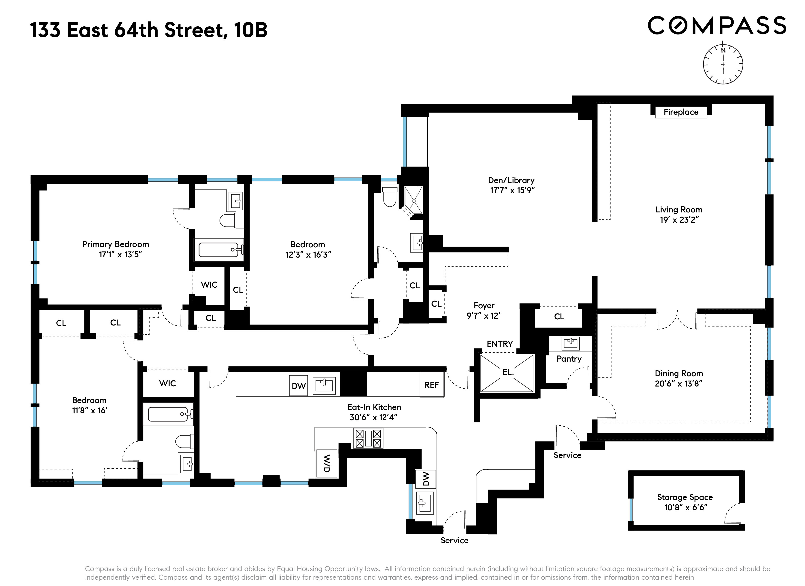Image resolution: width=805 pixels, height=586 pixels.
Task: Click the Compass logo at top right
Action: click(717, 26)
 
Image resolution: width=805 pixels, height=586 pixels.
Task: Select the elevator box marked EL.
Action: click(507, 373)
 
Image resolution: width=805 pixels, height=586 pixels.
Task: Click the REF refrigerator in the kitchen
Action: click(431, 385)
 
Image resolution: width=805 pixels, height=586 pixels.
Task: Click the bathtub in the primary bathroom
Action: click(219, 250)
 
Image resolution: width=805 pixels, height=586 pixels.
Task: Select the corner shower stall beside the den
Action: click(413, 200)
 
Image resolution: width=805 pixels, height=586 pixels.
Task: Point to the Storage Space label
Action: click(685, 497)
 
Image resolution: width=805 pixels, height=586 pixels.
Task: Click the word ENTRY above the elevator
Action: click(499, 344)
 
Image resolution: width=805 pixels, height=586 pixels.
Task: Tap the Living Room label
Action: click(678, 210)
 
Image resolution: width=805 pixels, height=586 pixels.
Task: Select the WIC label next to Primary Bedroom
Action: click(209, 285)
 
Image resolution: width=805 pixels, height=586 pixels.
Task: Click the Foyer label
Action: click(484, 306)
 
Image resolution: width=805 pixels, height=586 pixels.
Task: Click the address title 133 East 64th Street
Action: click(128, 30)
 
